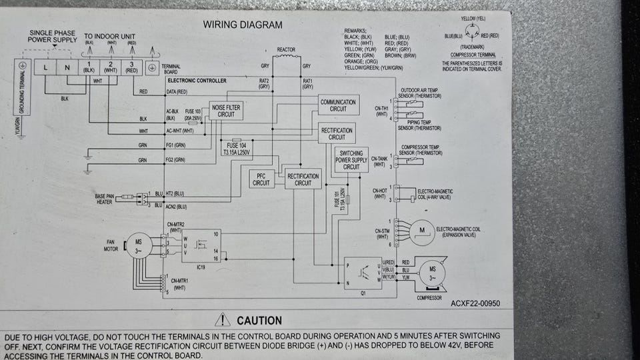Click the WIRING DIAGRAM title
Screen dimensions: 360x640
pyautogui.click(x=243, y=25)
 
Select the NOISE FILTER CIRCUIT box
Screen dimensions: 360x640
pyautogui.click(x=226, y=111)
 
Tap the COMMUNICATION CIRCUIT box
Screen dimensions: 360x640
pyautogui.click(x=338, y=105)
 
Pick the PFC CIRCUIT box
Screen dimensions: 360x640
pyautogui.click(x=261, y=179)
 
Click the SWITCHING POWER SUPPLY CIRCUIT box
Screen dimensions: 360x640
pyautogui.click(x=351, y=160)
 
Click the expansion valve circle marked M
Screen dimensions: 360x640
pyautogui.click(x=421, y=230)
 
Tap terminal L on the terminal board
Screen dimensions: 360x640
pyautogui.click(x=45, y=67)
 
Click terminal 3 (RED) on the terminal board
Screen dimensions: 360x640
pyautogui.click(x=132, y=67)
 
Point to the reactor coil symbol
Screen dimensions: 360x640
pyautogui.click(x=286, y=59)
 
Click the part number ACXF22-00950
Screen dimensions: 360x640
pyautogui.click(x=475, y=303)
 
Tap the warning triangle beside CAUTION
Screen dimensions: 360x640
pyautogui.click(x=223, y=321)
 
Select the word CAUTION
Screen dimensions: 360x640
pyautogui.click(x=259, y=321)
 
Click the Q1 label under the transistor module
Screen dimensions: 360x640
pyautogui.click(x=362, y=292)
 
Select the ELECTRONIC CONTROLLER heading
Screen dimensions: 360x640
pyautogui.click(x=197, y=81)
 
